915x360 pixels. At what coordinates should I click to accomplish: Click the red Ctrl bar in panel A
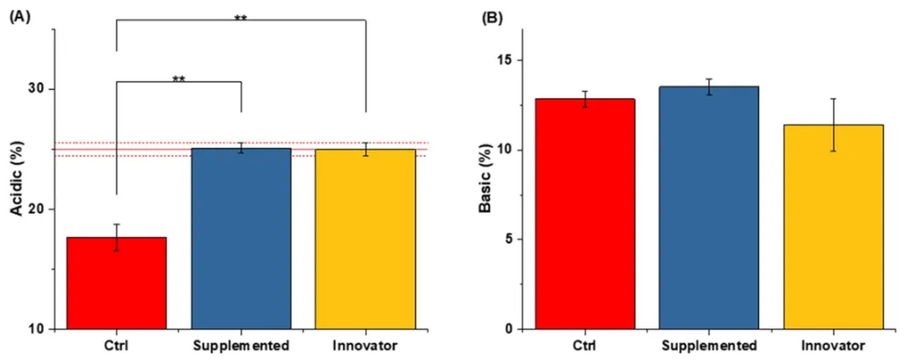(116, 283)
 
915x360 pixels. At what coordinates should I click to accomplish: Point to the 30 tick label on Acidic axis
(36, 89)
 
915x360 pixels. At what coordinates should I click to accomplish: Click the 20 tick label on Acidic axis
(36, 209)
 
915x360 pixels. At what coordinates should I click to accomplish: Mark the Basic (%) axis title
(485, 180)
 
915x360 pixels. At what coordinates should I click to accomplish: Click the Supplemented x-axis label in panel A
(241, 346)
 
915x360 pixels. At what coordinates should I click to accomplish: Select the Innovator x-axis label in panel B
(833, 346)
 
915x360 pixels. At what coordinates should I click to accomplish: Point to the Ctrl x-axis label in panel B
(585, 346)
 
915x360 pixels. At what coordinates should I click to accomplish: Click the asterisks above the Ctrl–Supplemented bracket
(179, 79)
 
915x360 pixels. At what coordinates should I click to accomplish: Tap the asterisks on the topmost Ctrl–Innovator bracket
(241, 18)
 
